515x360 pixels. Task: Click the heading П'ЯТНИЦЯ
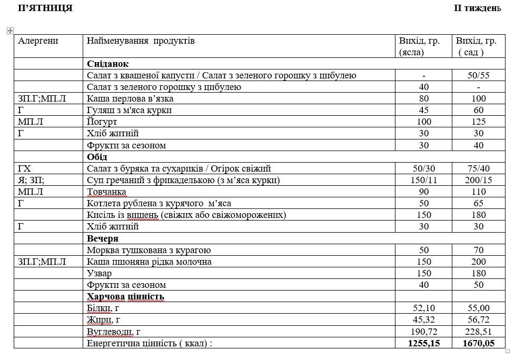point(45,8)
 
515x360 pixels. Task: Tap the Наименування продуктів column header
point(141,41)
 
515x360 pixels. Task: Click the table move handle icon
point(9,31)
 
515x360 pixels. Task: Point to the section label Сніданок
point(107,64)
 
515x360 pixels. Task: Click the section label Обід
point(97,157)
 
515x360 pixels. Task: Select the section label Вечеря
point(102,238)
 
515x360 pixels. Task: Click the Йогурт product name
point(101,122)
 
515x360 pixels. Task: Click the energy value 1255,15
point(423,343)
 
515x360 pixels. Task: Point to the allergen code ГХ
point(25,168)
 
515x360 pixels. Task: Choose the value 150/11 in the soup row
point(423,180)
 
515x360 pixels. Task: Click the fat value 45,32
point(423,319)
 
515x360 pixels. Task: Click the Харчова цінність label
point(125,297)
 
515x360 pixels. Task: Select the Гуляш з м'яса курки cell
point(129,110)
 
